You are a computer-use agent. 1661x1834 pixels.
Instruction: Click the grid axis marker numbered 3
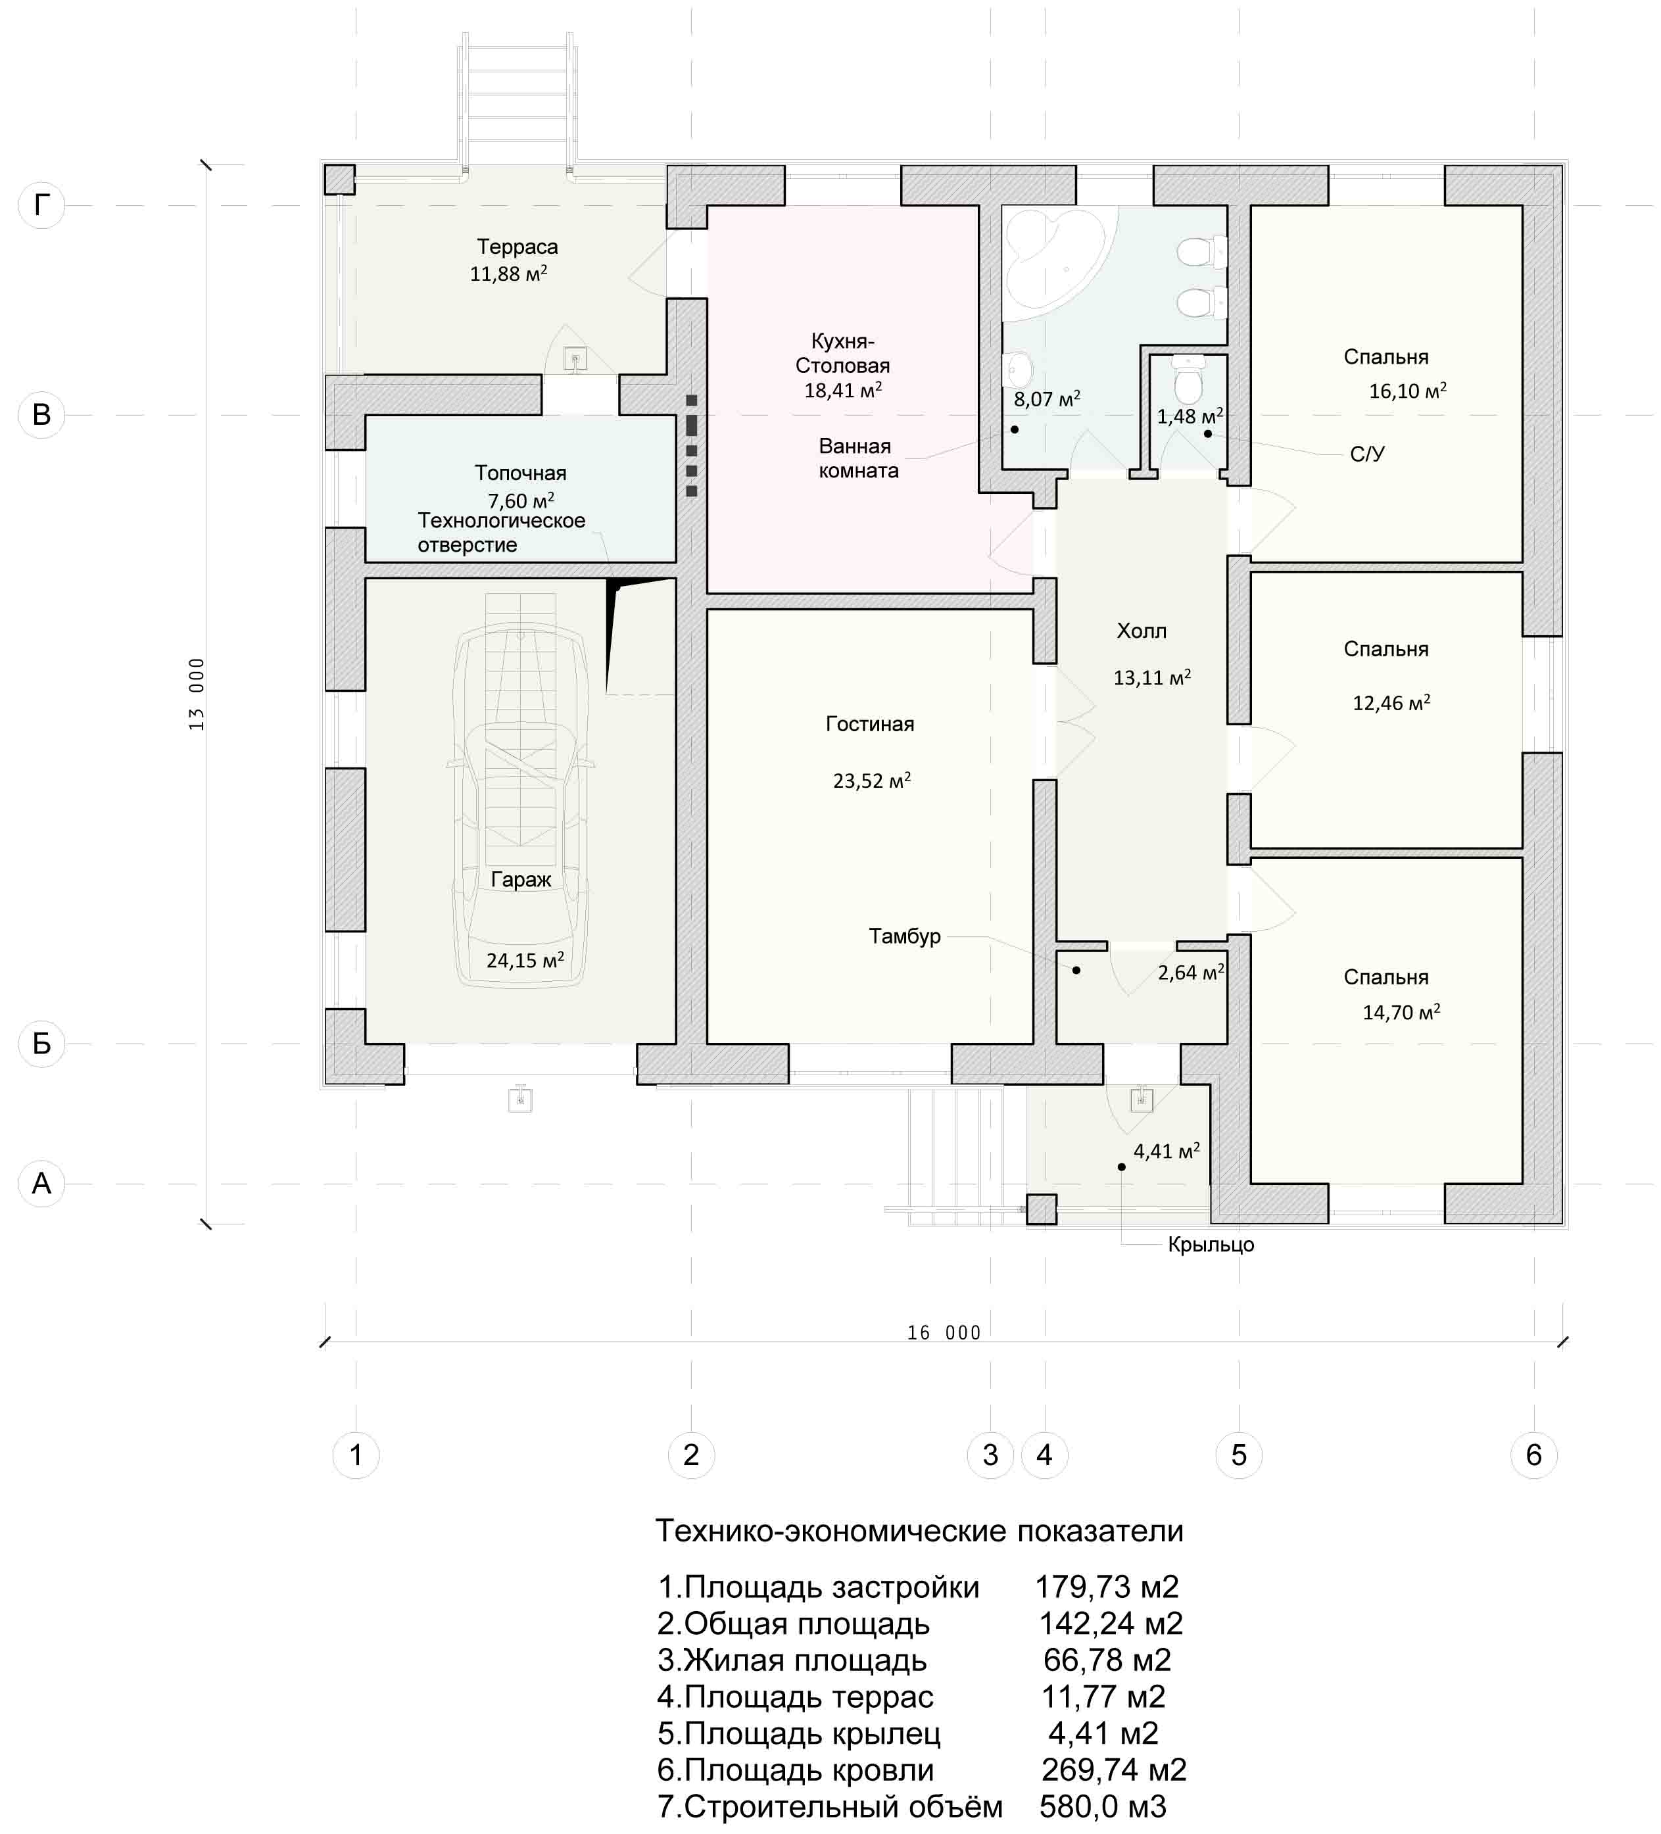990,1455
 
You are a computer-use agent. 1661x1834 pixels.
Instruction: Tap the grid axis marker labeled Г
42,206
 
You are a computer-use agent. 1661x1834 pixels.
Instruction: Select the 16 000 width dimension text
944,1333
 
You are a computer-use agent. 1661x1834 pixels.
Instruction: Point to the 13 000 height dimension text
197,694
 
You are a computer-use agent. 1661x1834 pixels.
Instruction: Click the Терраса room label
518,247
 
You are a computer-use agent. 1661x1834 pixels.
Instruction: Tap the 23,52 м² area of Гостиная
871,780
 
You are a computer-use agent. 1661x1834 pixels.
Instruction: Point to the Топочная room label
520,473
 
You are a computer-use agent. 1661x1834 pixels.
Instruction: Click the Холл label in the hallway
1142,631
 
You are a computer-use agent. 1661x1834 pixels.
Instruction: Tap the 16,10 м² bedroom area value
1407,390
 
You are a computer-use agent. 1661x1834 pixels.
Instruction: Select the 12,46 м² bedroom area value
1391,702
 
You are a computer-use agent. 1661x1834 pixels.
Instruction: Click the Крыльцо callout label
1211,1245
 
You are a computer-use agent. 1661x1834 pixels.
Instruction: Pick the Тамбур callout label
904,936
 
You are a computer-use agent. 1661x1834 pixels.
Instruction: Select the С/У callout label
1367,454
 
